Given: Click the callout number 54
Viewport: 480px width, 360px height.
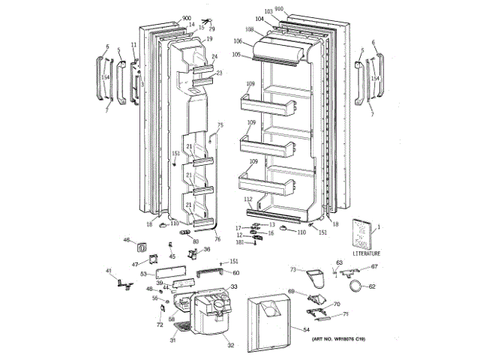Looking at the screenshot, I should pyautogui.click(x=306, y=330).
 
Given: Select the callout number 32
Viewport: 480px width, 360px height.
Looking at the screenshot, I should pyautogui.click(x=231, y=345).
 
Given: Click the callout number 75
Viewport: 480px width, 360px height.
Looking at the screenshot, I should pyautogui.click(x=220, y=125).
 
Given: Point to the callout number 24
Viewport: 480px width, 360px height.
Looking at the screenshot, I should pyautogui.click(x=214, y=57).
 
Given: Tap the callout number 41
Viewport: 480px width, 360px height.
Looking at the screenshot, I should pyautogui.click(x=108, y=271).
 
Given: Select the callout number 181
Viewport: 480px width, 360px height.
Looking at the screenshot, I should pyautogui.click(x=240, y=242).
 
